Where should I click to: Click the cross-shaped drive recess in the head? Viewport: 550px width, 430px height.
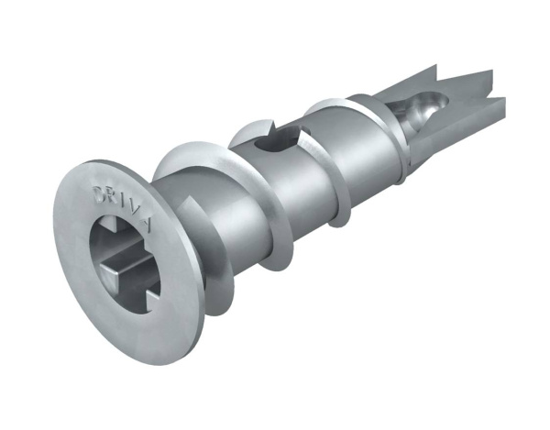click(123, 259)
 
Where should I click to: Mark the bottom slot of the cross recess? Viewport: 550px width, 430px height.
click(137, 299)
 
